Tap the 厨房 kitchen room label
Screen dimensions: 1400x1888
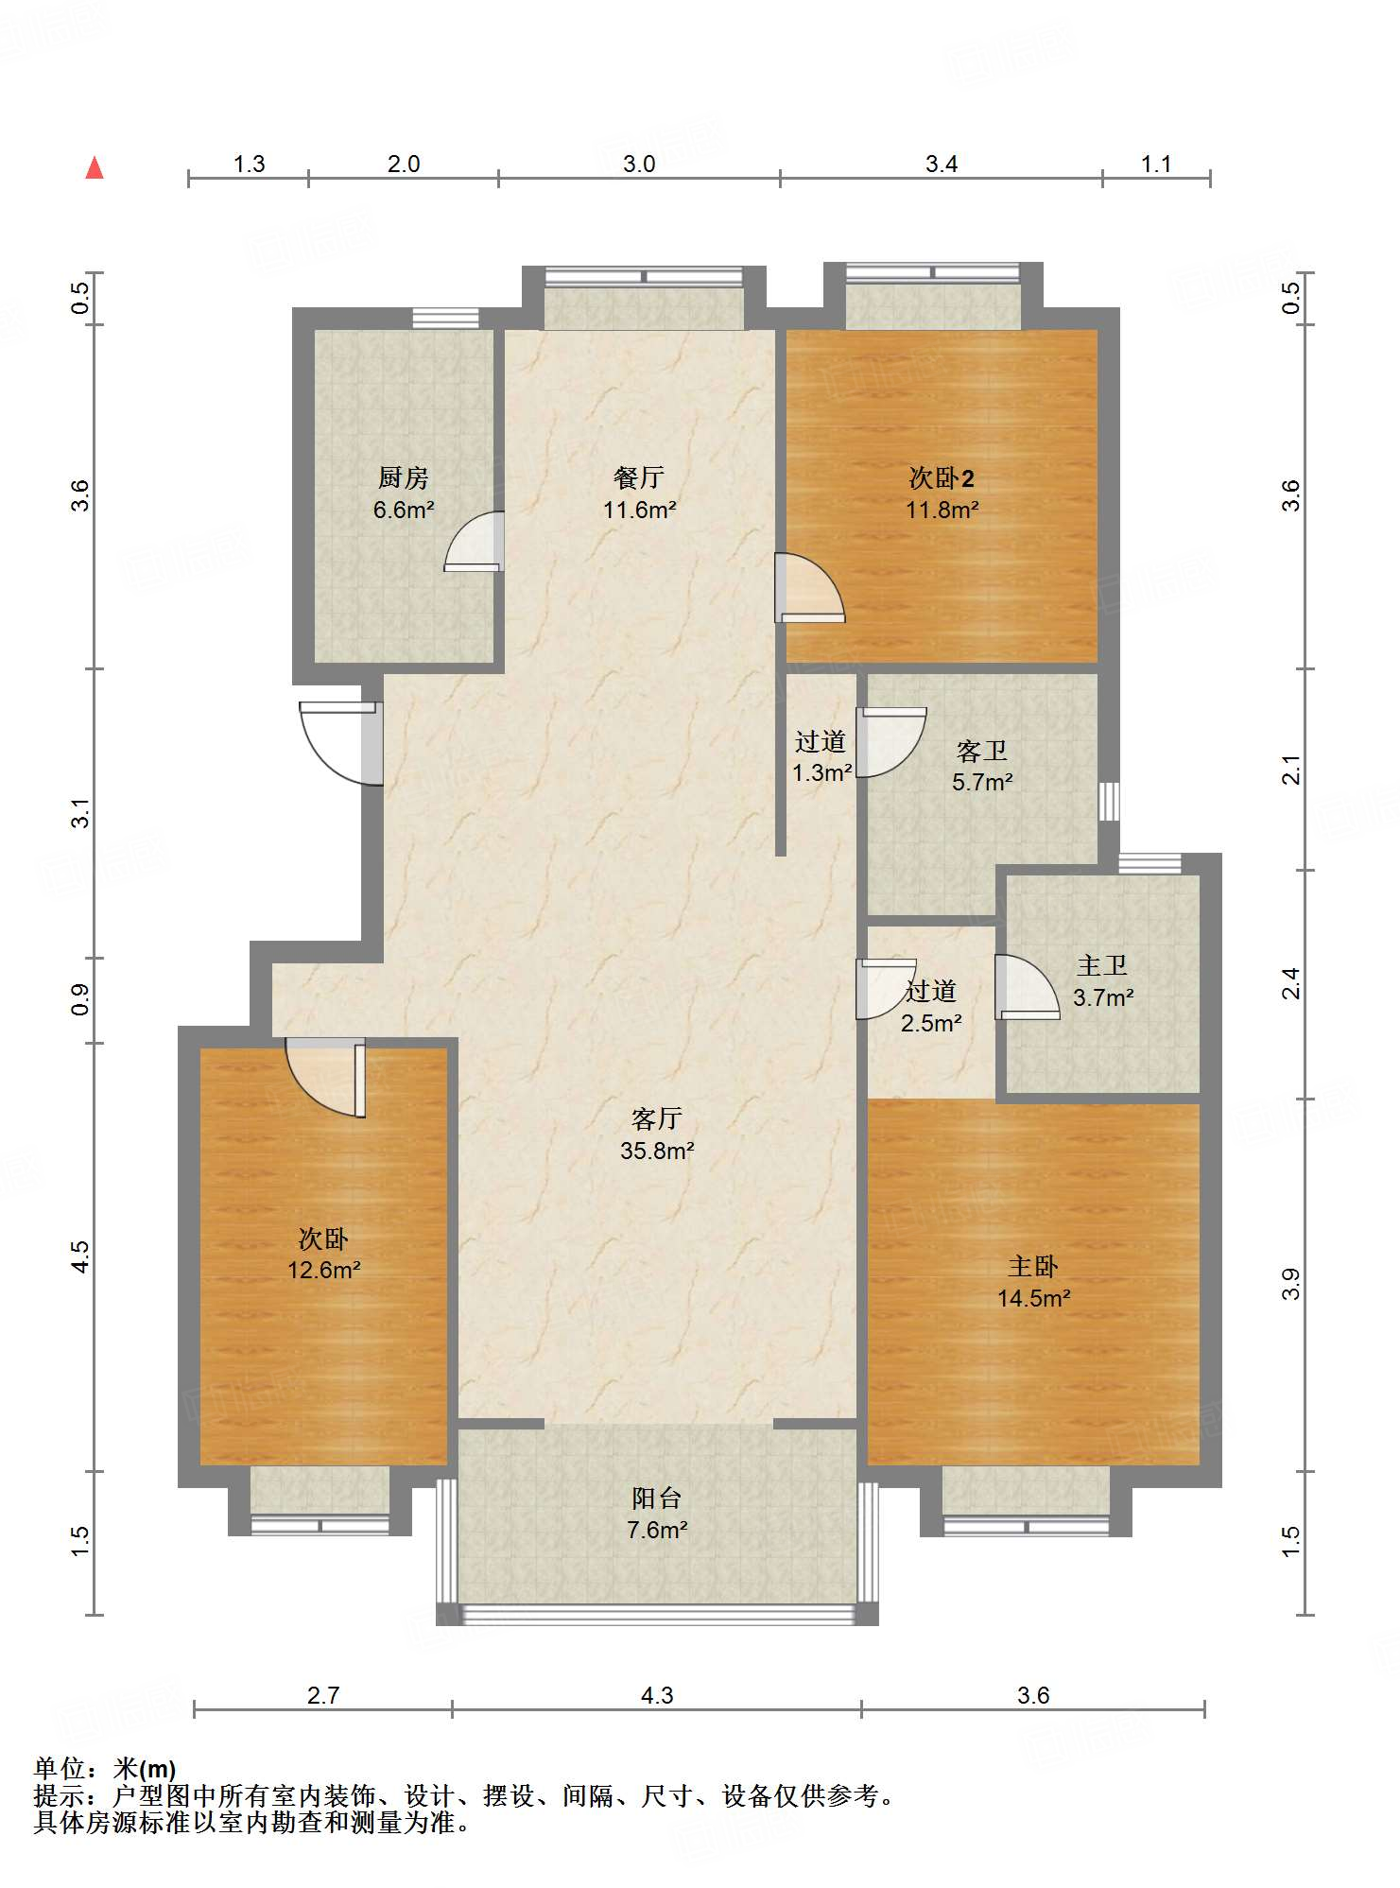(x=404, y=477)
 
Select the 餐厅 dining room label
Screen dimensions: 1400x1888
(x=639, y=477)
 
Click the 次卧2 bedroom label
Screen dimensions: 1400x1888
(x=942, y=477)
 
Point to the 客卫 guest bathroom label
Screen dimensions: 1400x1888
(x=982, y=751)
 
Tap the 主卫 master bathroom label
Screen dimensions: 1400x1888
(x=1102, y=965)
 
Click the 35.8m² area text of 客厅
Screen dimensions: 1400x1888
(x=657, y=1151)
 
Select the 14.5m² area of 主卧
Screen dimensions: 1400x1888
(x=1033, y=1298)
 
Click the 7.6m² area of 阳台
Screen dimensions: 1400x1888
(x=657, y=1529)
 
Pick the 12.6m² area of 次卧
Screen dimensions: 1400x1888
(x=323, y=1270)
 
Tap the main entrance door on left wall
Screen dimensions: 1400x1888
(x=341, y=743)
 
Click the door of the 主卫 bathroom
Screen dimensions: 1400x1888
(x=1028, y=988)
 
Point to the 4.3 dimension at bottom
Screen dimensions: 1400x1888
(x=657, y=1695)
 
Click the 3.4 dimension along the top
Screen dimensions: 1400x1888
(x=942, y=164)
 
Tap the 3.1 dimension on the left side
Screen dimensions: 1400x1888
(x=81, y=813)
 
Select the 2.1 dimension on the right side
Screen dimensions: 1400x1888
(x=1291, y=770)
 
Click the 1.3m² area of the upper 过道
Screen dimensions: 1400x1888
(x=822, y=772)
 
